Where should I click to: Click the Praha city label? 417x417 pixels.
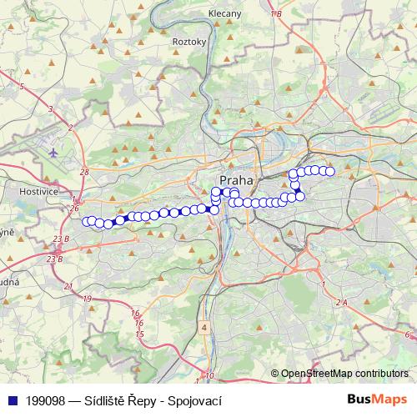tap(235, 180)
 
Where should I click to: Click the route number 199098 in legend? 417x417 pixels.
tap(45, 400)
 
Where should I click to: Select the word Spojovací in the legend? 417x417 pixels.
tap(198, 400)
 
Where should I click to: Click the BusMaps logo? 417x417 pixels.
tap(378, 399)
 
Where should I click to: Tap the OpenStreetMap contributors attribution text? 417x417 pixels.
tap(344, 374)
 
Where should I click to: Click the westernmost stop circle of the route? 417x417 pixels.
tap(87, 221)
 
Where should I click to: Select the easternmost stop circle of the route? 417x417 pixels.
tap(329, 172)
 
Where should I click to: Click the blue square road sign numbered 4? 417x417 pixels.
tap(204, 328)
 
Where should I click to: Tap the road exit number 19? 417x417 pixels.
tap(88, 298)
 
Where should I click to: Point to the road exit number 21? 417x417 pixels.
tap(67, 286)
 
